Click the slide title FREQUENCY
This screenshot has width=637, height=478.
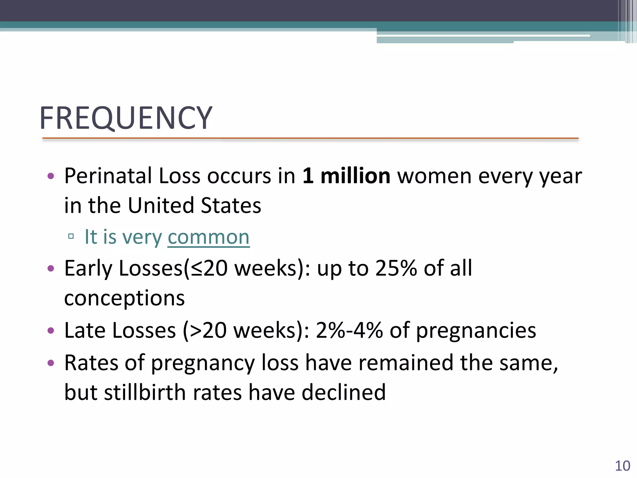tap(126, 118)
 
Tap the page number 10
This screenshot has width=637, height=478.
tap(622, 466)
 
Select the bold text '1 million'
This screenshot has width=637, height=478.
tap(346, 176)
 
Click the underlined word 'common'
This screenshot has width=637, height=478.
tap(208, 237)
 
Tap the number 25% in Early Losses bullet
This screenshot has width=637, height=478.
tap(396, 268)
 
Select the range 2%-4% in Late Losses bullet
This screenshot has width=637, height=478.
tap(349, 330)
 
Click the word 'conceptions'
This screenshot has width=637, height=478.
tap(124, 298)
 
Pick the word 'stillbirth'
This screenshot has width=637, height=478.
tap(145, 392)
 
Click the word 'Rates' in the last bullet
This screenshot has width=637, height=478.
tap(91, 363)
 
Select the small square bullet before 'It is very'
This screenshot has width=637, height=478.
tap(71, 237)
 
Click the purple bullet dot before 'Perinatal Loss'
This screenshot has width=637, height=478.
tap(51, 176)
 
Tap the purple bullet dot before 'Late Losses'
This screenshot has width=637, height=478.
tap(51, 330)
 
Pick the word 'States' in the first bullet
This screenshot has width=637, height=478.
tap(231, 206)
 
